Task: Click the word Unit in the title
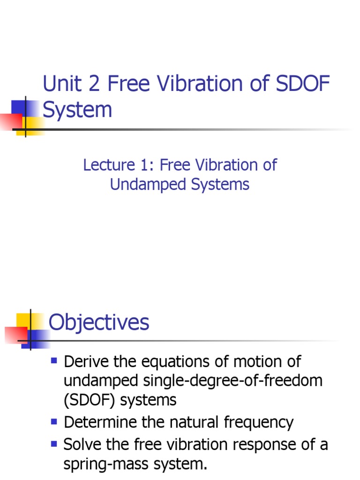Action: pos(58,84)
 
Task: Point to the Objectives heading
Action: pos(99,322)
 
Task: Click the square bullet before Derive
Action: pos(53,361)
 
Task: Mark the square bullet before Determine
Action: pos(53,421)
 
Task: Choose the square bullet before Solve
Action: pos(53,443)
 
